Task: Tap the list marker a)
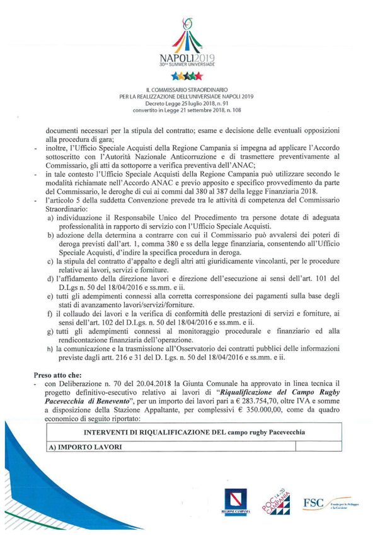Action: pyautogui.click(x=50, y=216)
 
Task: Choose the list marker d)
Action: pyautogui.click(x=50, y=278)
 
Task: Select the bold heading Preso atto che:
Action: pyautogui.click(x=60, y=374)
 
